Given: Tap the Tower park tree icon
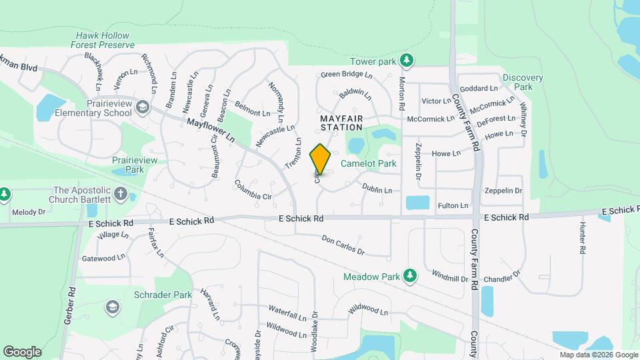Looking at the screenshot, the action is point(407,61).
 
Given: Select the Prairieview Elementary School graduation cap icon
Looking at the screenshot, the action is point(142,107).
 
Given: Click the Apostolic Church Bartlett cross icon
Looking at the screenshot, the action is point(120,194).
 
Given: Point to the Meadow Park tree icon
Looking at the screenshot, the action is point(411,275).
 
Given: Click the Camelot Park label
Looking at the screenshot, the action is point(369,163).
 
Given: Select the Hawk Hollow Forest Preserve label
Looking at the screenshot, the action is point(103,40).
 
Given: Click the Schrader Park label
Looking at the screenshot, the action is point(163,294).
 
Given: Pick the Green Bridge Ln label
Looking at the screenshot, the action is point(343,74).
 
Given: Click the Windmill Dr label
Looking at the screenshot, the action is point(450,275).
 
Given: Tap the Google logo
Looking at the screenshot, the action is point(23,351).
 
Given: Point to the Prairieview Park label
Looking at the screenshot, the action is point(129,165).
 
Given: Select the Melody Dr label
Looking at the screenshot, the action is point(28,212).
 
